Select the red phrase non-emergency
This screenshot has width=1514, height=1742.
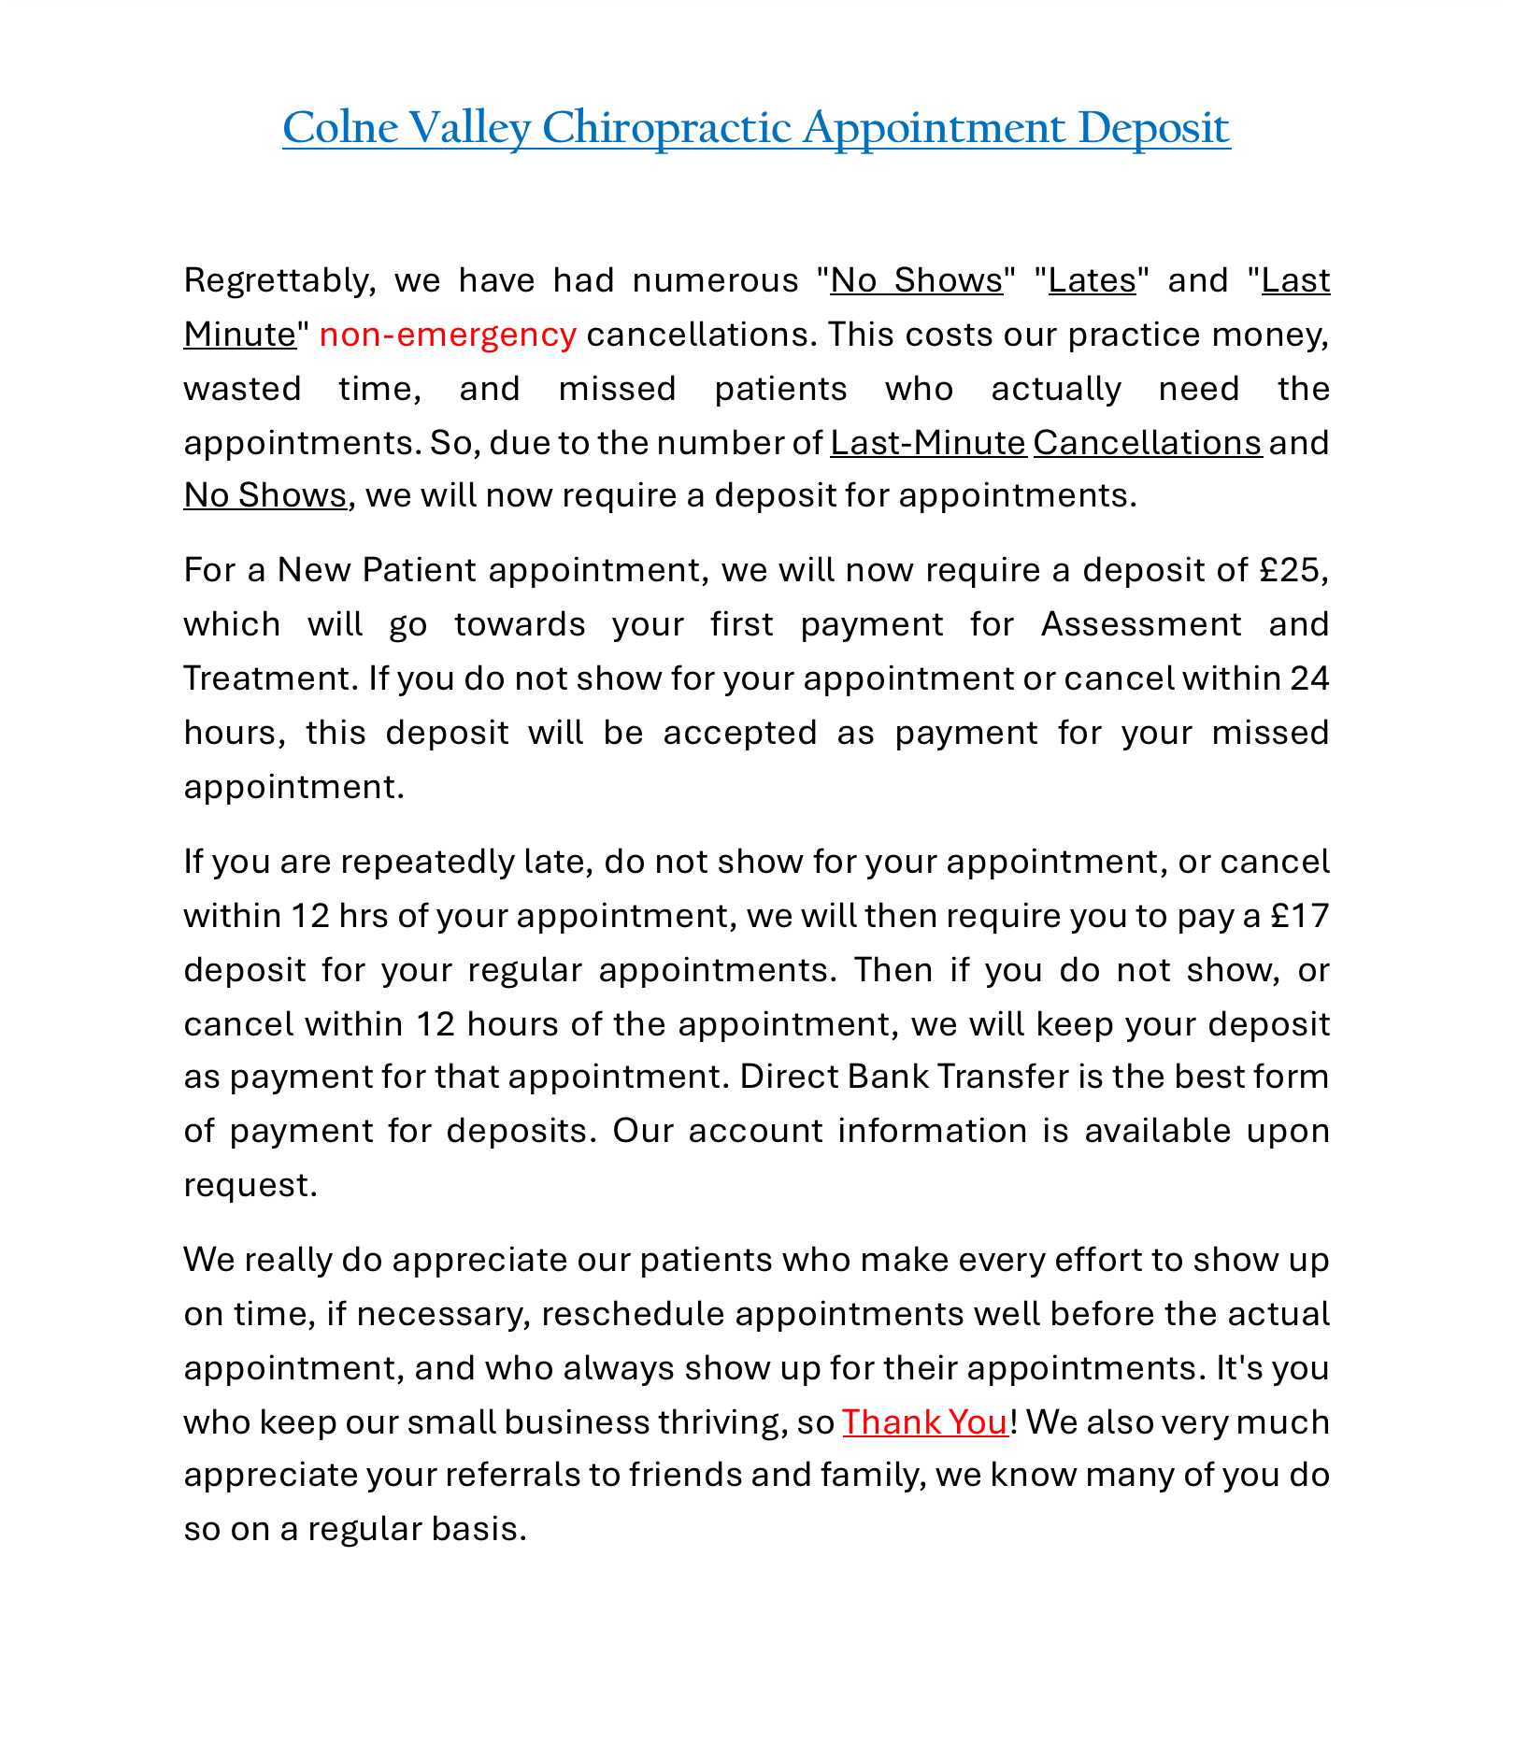(448, 335)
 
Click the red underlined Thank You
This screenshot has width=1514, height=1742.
(925, 1421)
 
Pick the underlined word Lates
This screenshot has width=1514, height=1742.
(1092, 280)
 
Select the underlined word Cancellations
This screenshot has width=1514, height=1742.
(1147, 442)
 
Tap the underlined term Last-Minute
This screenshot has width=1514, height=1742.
(928, 442)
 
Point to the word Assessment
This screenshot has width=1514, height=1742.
(1141, 623)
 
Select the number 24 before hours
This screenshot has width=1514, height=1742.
(1309, 678)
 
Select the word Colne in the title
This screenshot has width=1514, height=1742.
(340, 128)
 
